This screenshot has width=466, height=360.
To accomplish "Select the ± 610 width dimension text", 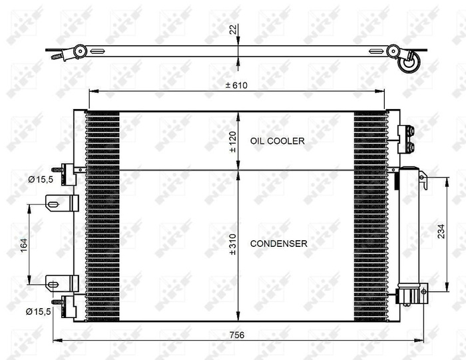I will click(x=237, y=85).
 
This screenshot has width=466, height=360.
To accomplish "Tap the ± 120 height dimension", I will click(x=232, y=141).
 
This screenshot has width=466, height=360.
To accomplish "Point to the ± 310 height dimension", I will click(x=232, y=244).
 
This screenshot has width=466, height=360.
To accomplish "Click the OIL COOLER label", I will click(x=277, y=141).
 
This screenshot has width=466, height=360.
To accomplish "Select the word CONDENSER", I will click(x=278, y=244).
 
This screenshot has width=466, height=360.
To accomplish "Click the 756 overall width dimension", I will click(x=237, y=335).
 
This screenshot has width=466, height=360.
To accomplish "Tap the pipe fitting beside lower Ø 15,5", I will click(x=67, y=304).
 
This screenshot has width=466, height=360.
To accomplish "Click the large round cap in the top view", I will click(x=408, y=65).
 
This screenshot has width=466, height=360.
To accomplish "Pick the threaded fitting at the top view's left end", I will click(x=57, y=57).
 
